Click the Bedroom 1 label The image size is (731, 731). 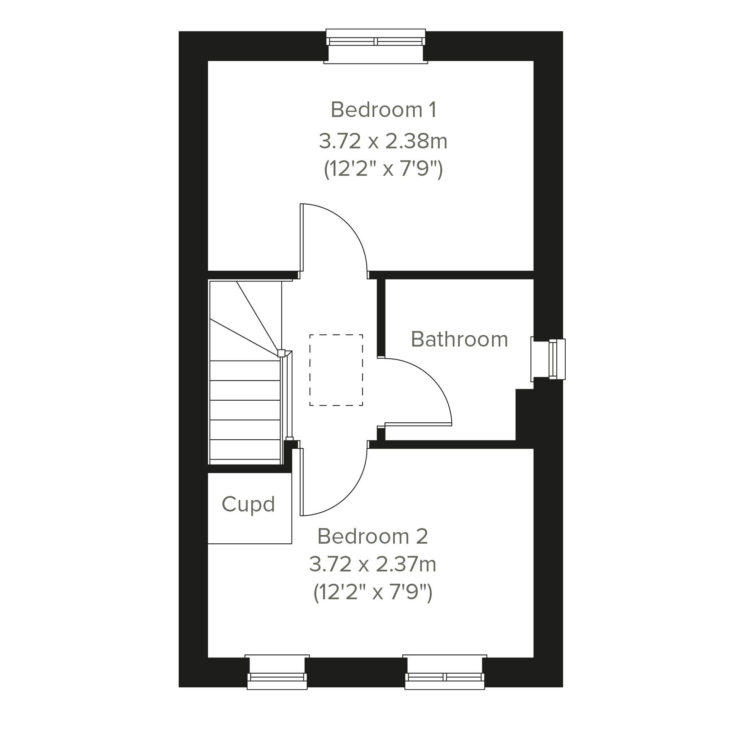point(384,110)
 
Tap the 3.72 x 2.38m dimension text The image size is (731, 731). point(383,141)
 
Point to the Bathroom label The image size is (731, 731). point(459,339)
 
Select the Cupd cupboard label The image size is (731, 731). point(248,504)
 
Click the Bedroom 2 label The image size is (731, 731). point(373,536)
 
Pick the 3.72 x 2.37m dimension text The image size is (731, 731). point(373,564)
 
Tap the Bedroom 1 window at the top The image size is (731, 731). point(376,46)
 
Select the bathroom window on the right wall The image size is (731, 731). point(548,359)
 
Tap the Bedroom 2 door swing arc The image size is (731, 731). point(348,496)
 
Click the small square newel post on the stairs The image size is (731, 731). point(281,353)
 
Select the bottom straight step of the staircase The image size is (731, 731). point(245,449)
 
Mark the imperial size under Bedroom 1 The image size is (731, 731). point(383,169)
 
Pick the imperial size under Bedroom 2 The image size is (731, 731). point(373,592)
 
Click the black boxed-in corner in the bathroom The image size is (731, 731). point(525,415)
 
